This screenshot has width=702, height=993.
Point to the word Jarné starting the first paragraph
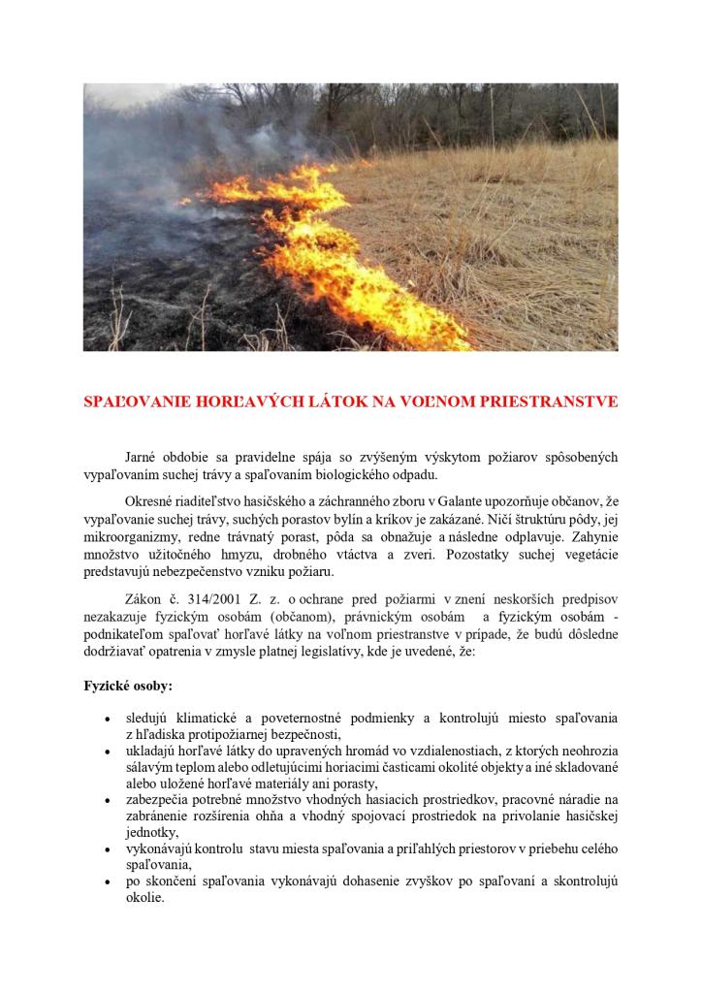(x=144, y=456)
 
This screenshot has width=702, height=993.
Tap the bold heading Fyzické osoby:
(x=128, y=686)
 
